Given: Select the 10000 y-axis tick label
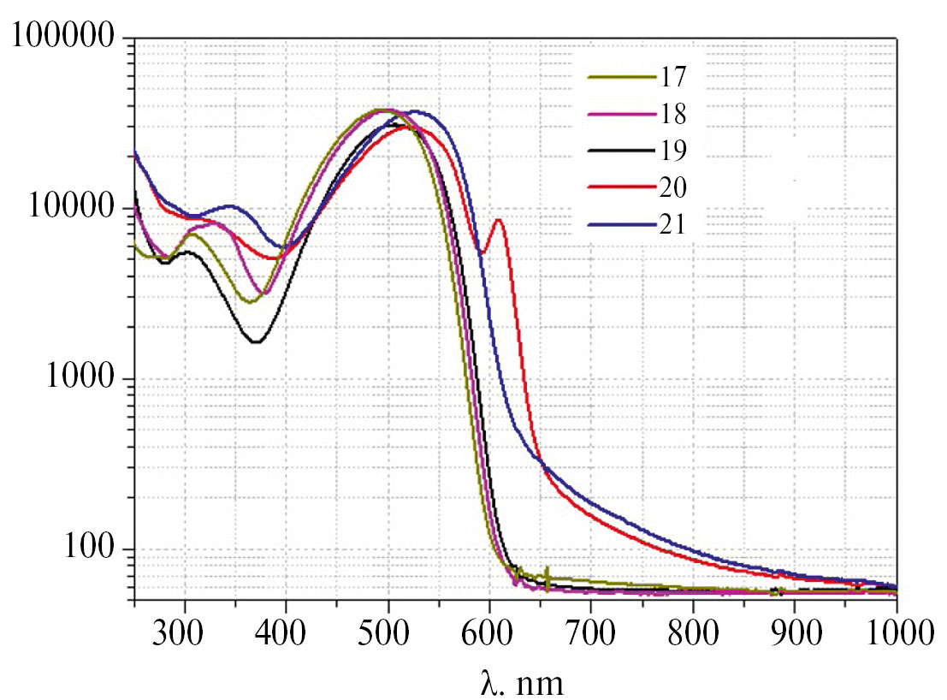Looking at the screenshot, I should (x=69, y=208).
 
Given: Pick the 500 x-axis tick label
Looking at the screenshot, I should (x=388, y=636).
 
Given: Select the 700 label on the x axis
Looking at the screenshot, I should (x=591, y=636).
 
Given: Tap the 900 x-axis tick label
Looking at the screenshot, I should (x=795, y=636).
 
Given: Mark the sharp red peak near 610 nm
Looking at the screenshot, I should (x=499, y=221).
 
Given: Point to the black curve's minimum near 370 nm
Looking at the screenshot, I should (x=256, y=342).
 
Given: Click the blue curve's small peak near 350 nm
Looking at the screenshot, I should (x=229, y=205).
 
